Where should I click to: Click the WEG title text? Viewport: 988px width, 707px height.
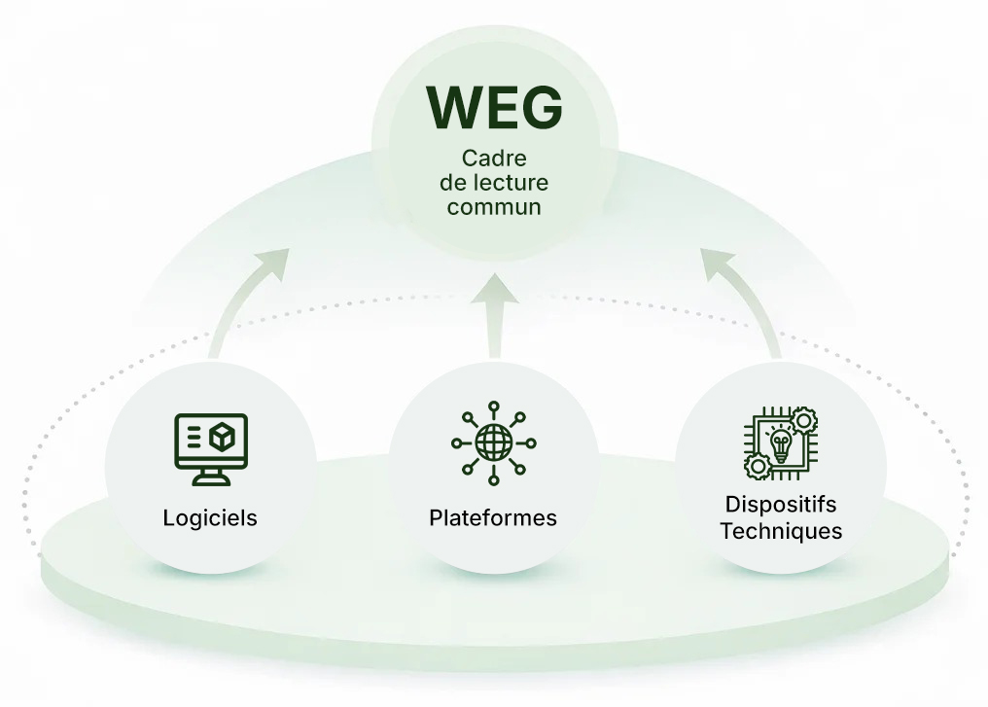click(x=494, y=108)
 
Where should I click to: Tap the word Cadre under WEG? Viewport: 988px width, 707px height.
click(x=494, y=159)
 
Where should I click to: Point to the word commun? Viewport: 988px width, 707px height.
click(x=494, y=207)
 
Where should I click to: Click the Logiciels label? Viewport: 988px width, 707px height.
click(x=210, y=517)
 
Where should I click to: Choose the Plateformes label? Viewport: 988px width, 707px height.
click(x=493, y=517)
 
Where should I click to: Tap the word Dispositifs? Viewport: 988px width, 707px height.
click(x=781, y=505)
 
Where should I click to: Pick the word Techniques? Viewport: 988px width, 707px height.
click(x=781, y=531)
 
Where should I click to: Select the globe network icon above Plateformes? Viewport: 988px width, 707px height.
click(x=493, y=443)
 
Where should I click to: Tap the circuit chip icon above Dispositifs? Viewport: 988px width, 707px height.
click(x=781, y=443)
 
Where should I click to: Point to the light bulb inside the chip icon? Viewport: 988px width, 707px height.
click(x=780, y=443)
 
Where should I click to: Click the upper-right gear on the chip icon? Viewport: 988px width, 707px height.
click(x=805, y=420)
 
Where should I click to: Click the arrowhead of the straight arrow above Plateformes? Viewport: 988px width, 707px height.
click(x=494, y=289)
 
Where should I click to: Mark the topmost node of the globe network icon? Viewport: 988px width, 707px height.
click(x=493, y=406)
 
